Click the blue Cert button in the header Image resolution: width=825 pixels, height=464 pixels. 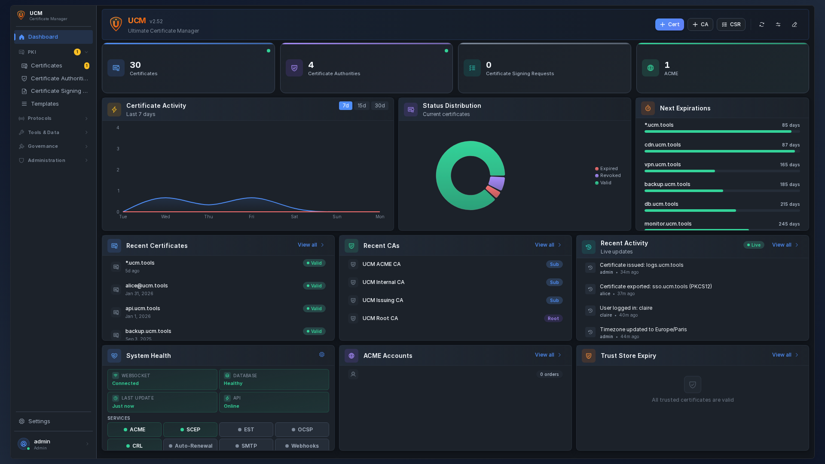(669, 24)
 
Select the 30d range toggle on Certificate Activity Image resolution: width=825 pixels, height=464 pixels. (379, 106)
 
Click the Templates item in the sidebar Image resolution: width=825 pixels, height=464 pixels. (45, 104)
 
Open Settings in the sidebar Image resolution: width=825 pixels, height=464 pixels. (39, 421)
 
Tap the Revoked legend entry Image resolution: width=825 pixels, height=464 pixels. (610, 176)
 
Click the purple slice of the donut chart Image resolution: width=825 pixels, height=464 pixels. (497, 183)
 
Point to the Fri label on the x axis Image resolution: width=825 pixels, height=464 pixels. (251, 217)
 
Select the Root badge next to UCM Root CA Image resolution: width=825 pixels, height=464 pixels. (553, 319)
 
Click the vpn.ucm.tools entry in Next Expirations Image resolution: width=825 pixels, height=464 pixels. (662, 165)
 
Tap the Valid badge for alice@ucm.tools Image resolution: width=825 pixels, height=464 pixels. (314, 286)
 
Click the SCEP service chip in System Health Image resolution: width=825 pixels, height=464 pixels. (190, 430)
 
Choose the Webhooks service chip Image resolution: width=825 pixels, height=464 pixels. (302, 446)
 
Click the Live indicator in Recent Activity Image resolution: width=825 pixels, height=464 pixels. (754, 245)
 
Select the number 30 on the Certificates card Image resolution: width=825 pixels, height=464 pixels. (135, 65)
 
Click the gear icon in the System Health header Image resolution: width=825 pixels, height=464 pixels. (322, 355)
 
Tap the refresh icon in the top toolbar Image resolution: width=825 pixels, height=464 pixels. (762, 24)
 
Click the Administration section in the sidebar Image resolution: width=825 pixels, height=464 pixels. (46, 161)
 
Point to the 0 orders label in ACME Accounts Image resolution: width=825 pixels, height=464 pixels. (549, 375)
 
